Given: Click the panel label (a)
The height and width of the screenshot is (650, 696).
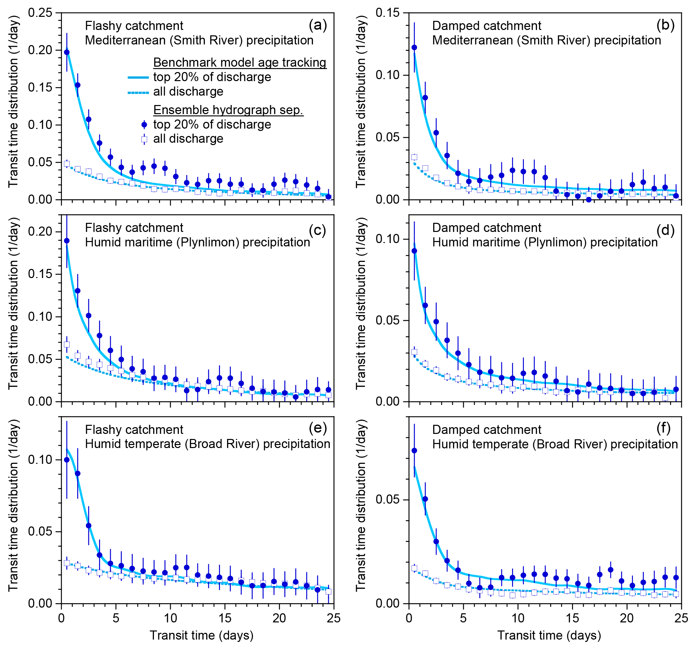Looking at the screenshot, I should [x=318, y=25].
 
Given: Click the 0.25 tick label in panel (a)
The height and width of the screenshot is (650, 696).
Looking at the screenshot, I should [x=40, y=13].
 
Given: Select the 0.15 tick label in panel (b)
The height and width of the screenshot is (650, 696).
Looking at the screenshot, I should [x=387, y=13].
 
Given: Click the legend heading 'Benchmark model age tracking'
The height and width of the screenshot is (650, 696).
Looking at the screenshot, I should [x=240, y=62].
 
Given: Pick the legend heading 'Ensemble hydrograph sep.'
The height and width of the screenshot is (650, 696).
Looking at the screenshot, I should [x=228, y=110].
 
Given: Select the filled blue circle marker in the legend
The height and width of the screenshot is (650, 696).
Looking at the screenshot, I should [x=144, y=125].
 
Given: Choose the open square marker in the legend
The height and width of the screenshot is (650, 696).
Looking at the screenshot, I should [x=144, y=140].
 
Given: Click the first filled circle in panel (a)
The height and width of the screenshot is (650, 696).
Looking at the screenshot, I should [x=67, y=53].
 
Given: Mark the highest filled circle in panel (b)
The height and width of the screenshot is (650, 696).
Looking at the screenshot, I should [x=414, y=47].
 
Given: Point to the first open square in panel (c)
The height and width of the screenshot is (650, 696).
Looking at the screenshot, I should [x=67, y=345].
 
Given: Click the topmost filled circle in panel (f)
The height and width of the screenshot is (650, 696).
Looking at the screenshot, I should [x=414, y=451].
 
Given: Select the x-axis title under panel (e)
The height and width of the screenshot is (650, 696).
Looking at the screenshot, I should [x=201, y=635].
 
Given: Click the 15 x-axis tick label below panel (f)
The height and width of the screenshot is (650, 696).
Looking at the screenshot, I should [x=572, y=618].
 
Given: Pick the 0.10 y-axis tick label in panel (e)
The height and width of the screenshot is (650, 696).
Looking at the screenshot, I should [x=40, y=460].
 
